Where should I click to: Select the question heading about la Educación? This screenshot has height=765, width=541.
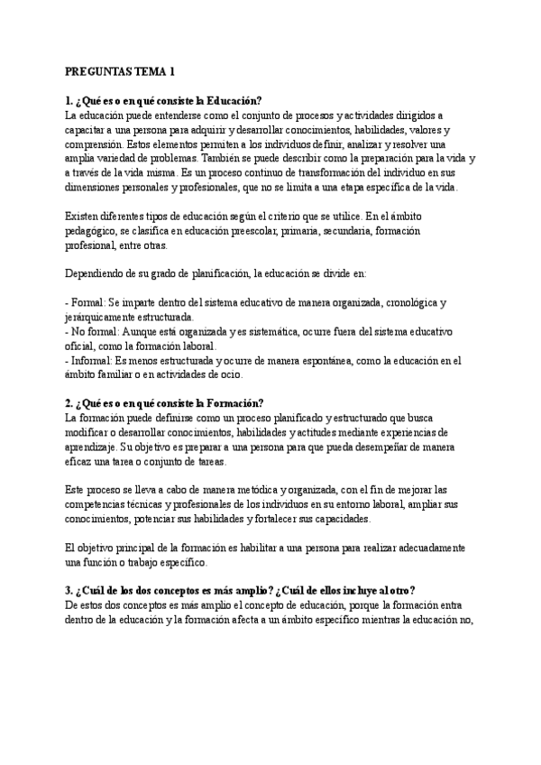click(164, 100)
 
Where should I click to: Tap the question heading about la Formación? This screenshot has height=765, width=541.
click(165, 403)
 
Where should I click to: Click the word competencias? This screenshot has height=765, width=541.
click(100, 504)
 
